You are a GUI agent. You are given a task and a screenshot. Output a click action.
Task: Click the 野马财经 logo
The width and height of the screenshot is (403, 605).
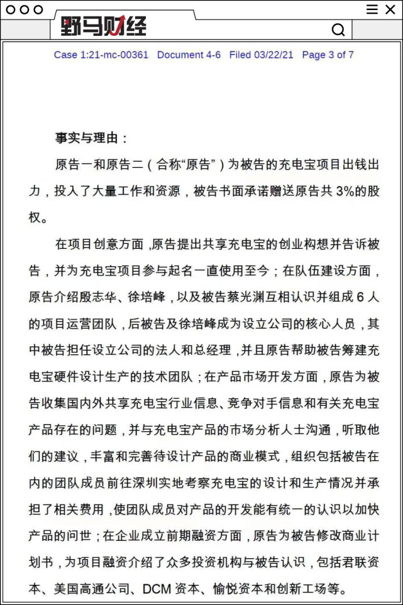pos(104,26)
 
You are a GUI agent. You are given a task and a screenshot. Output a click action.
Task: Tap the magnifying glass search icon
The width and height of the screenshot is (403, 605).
pos(338,30)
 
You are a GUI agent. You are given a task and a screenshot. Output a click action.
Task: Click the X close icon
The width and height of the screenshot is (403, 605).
pos(390,9)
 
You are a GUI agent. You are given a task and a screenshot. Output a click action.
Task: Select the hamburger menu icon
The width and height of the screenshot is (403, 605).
pos(372,9)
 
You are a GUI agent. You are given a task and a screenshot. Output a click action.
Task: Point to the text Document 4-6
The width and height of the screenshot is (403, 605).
pos(189,55)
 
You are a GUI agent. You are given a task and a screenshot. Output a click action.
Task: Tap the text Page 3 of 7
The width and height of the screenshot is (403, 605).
pos(328,55)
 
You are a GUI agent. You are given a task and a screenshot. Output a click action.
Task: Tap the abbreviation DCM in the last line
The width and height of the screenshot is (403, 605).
pos(156,589)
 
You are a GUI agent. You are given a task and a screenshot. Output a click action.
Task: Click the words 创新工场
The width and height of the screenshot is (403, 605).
pos(314,589)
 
